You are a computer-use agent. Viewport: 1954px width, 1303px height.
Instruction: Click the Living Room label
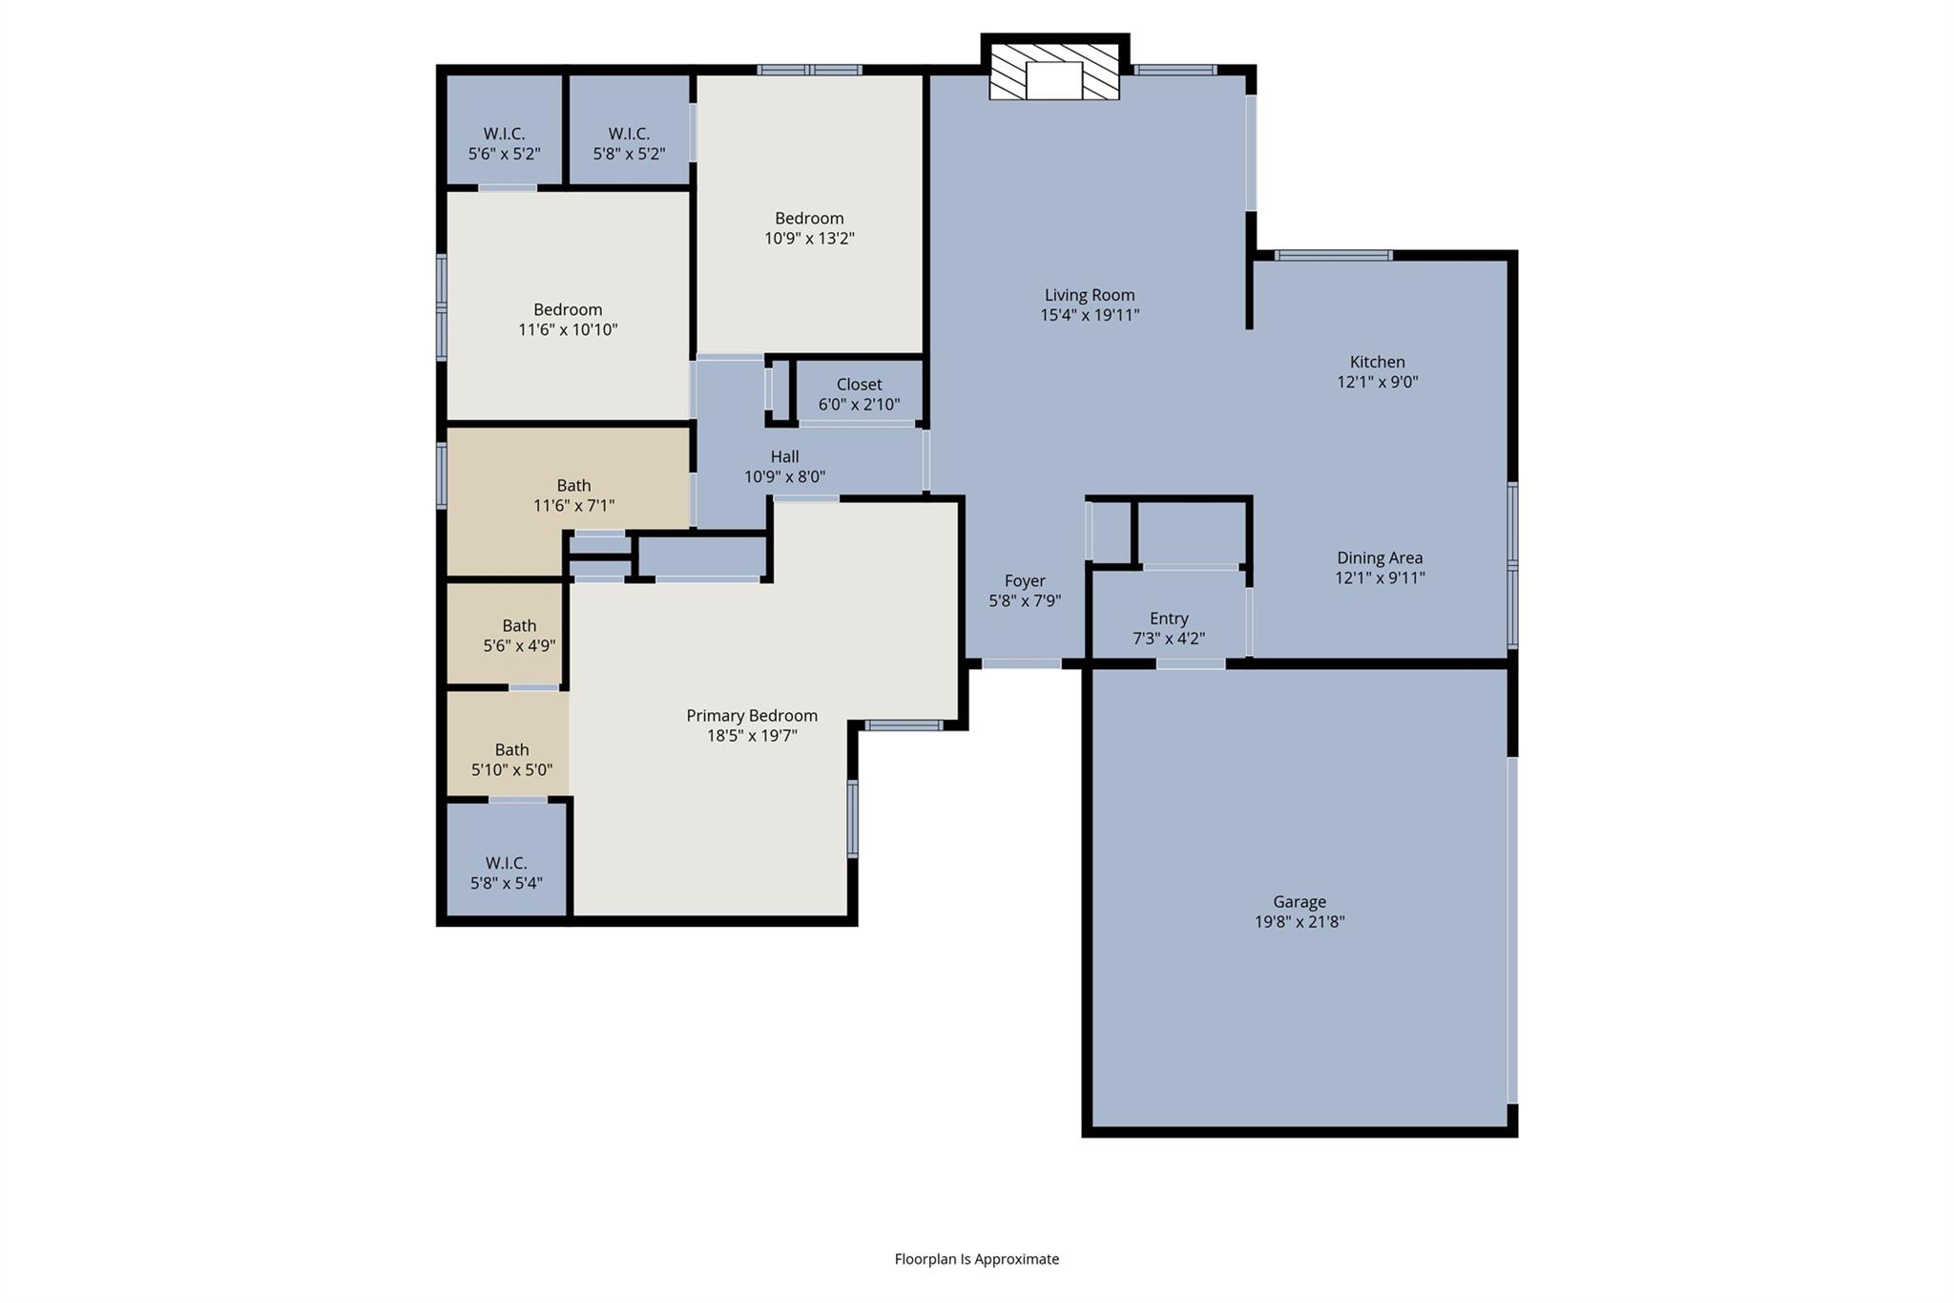coord(1089,296)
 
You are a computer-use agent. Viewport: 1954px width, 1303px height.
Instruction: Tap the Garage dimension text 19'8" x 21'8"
coord(1299,922)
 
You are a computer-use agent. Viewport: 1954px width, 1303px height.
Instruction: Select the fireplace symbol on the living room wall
coord(1054,72)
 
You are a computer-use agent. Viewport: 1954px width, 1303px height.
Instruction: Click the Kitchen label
coord(1377,363)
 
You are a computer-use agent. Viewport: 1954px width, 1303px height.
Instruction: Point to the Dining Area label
coord(1380,558)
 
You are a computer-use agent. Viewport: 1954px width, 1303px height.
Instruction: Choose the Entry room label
coord(1169,619)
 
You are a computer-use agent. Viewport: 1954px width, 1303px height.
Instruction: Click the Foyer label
coord(1025,581)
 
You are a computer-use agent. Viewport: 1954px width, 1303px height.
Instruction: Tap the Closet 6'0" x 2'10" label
coord(859,394)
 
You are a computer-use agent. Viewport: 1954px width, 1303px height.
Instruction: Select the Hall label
coord(784,457)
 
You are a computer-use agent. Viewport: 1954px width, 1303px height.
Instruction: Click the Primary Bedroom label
coord(752,716)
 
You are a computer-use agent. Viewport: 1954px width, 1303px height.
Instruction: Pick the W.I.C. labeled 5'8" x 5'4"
coord(506,872)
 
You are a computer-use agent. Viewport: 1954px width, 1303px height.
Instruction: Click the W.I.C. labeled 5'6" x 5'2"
coord(504,143)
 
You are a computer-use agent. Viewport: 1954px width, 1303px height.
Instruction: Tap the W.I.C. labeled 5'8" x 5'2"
coord(629,143)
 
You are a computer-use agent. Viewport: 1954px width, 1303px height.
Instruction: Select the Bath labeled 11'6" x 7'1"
coord(573,495)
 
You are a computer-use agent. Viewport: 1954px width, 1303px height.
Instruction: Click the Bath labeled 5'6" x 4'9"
coord(519,636)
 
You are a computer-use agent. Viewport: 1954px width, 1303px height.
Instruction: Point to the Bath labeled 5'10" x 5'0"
coord(511,760)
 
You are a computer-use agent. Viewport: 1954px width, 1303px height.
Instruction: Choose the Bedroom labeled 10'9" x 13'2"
coord(809,228)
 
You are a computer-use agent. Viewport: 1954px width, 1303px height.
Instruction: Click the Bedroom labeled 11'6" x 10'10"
coord(568,320)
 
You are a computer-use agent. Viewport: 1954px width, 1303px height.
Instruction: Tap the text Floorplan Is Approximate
coord(976,1259)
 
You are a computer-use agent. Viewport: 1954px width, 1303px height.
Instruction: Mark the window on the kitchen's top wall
coord(1333,255)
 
